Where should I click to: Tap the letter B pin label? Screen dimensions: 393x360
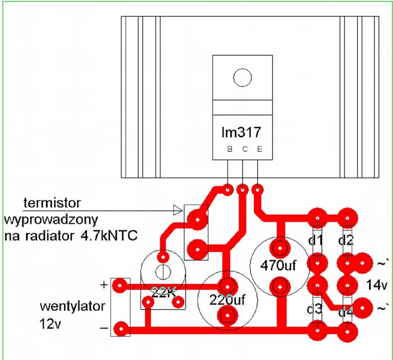click(230, 149)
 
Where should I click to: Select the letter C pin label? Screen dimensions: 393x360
click(245, 149)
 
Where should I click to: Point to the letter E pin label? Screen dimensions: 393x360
click(259, 149)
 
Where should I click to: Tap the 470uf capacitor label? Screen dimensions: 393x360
click(278, 265)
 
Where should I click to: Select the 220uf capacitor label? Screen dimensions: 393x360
click(227, 300)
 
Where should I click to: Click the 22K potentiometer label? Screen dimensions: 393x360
click(163, 292)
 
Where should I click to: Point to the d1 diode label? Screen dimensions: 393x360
click(316, 241)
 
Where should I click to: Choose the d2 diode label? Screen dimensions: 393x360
click(346, 241)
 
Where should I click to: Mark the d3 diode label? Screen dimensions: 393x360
click(314, 310)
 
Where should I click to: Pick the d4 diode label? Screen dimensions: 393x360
click(346, 312)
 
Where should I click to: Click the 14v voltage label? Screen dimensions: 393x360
click(377, 285)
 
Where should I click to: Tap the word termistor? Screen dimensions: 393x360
click(52, 203)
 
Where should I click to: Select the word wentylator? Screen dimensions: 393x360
click(72, 307)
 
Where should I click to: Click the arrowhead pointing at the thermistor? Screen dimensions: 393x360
click(178, 210)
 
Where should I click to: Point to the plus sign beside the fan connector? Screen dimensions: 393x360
click(104, 285)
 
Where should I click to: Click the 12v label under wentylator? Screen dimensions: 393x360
click(50, 324)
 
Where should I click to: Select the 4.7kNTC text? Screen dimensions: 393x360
click(109, 236)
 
